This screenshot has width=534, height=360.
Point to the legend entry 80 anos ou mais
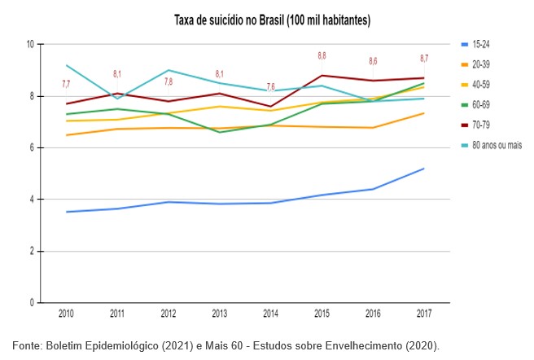click(498, 144)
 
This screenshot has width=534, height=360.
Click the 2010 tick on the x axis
click(68, 313)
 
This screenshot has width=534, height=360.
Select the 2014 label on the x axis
click(271, 313)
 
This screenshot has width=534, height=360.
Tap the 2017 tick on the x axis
click(424, 313)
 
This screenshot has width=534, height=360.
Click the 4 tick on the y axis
click(31, 200)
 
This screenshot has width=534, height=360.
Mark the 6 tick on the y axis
click(31, 147)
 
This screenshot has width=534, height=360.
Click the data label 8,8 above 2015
click(322, 56)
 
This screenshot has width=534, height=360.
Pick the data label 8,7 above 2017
click(424, 59)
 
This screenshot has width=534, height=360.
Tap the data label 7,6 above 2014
click(271, 86)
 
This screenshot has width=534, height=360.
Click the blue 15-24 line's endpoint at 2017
click(424, 169)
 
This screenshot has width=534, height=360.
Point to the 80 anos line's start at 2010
click(68, 65)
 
